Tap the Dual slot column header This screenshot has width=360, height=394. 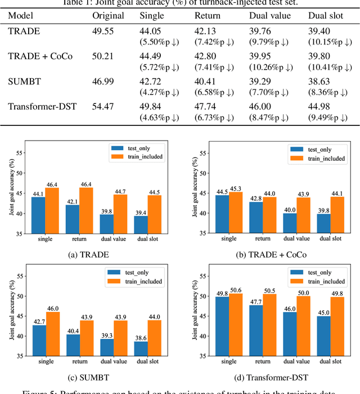tap(325, 15)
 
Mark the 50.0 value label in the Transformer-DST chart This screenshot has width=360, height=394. tap(304, 293)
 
